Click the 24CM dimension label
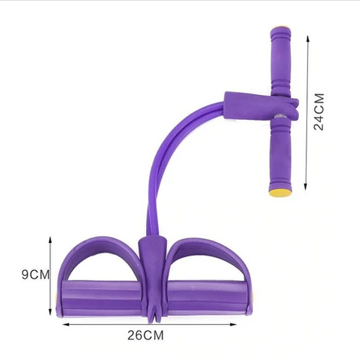tap(319, 112)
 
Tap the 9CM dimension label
tap(35, 275)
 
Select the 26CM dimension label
tap(145, 335)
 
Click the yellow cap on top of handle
tap(281, 26)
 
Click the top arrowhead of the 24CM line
tap(307, 38)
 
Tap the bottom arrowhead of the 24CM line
tap(306, 186)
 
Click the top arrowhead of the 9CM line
tap(50, 239)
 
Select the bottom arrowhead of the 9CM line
tap(50, 311)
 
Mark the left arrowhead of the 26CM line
tap(66, 324)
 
